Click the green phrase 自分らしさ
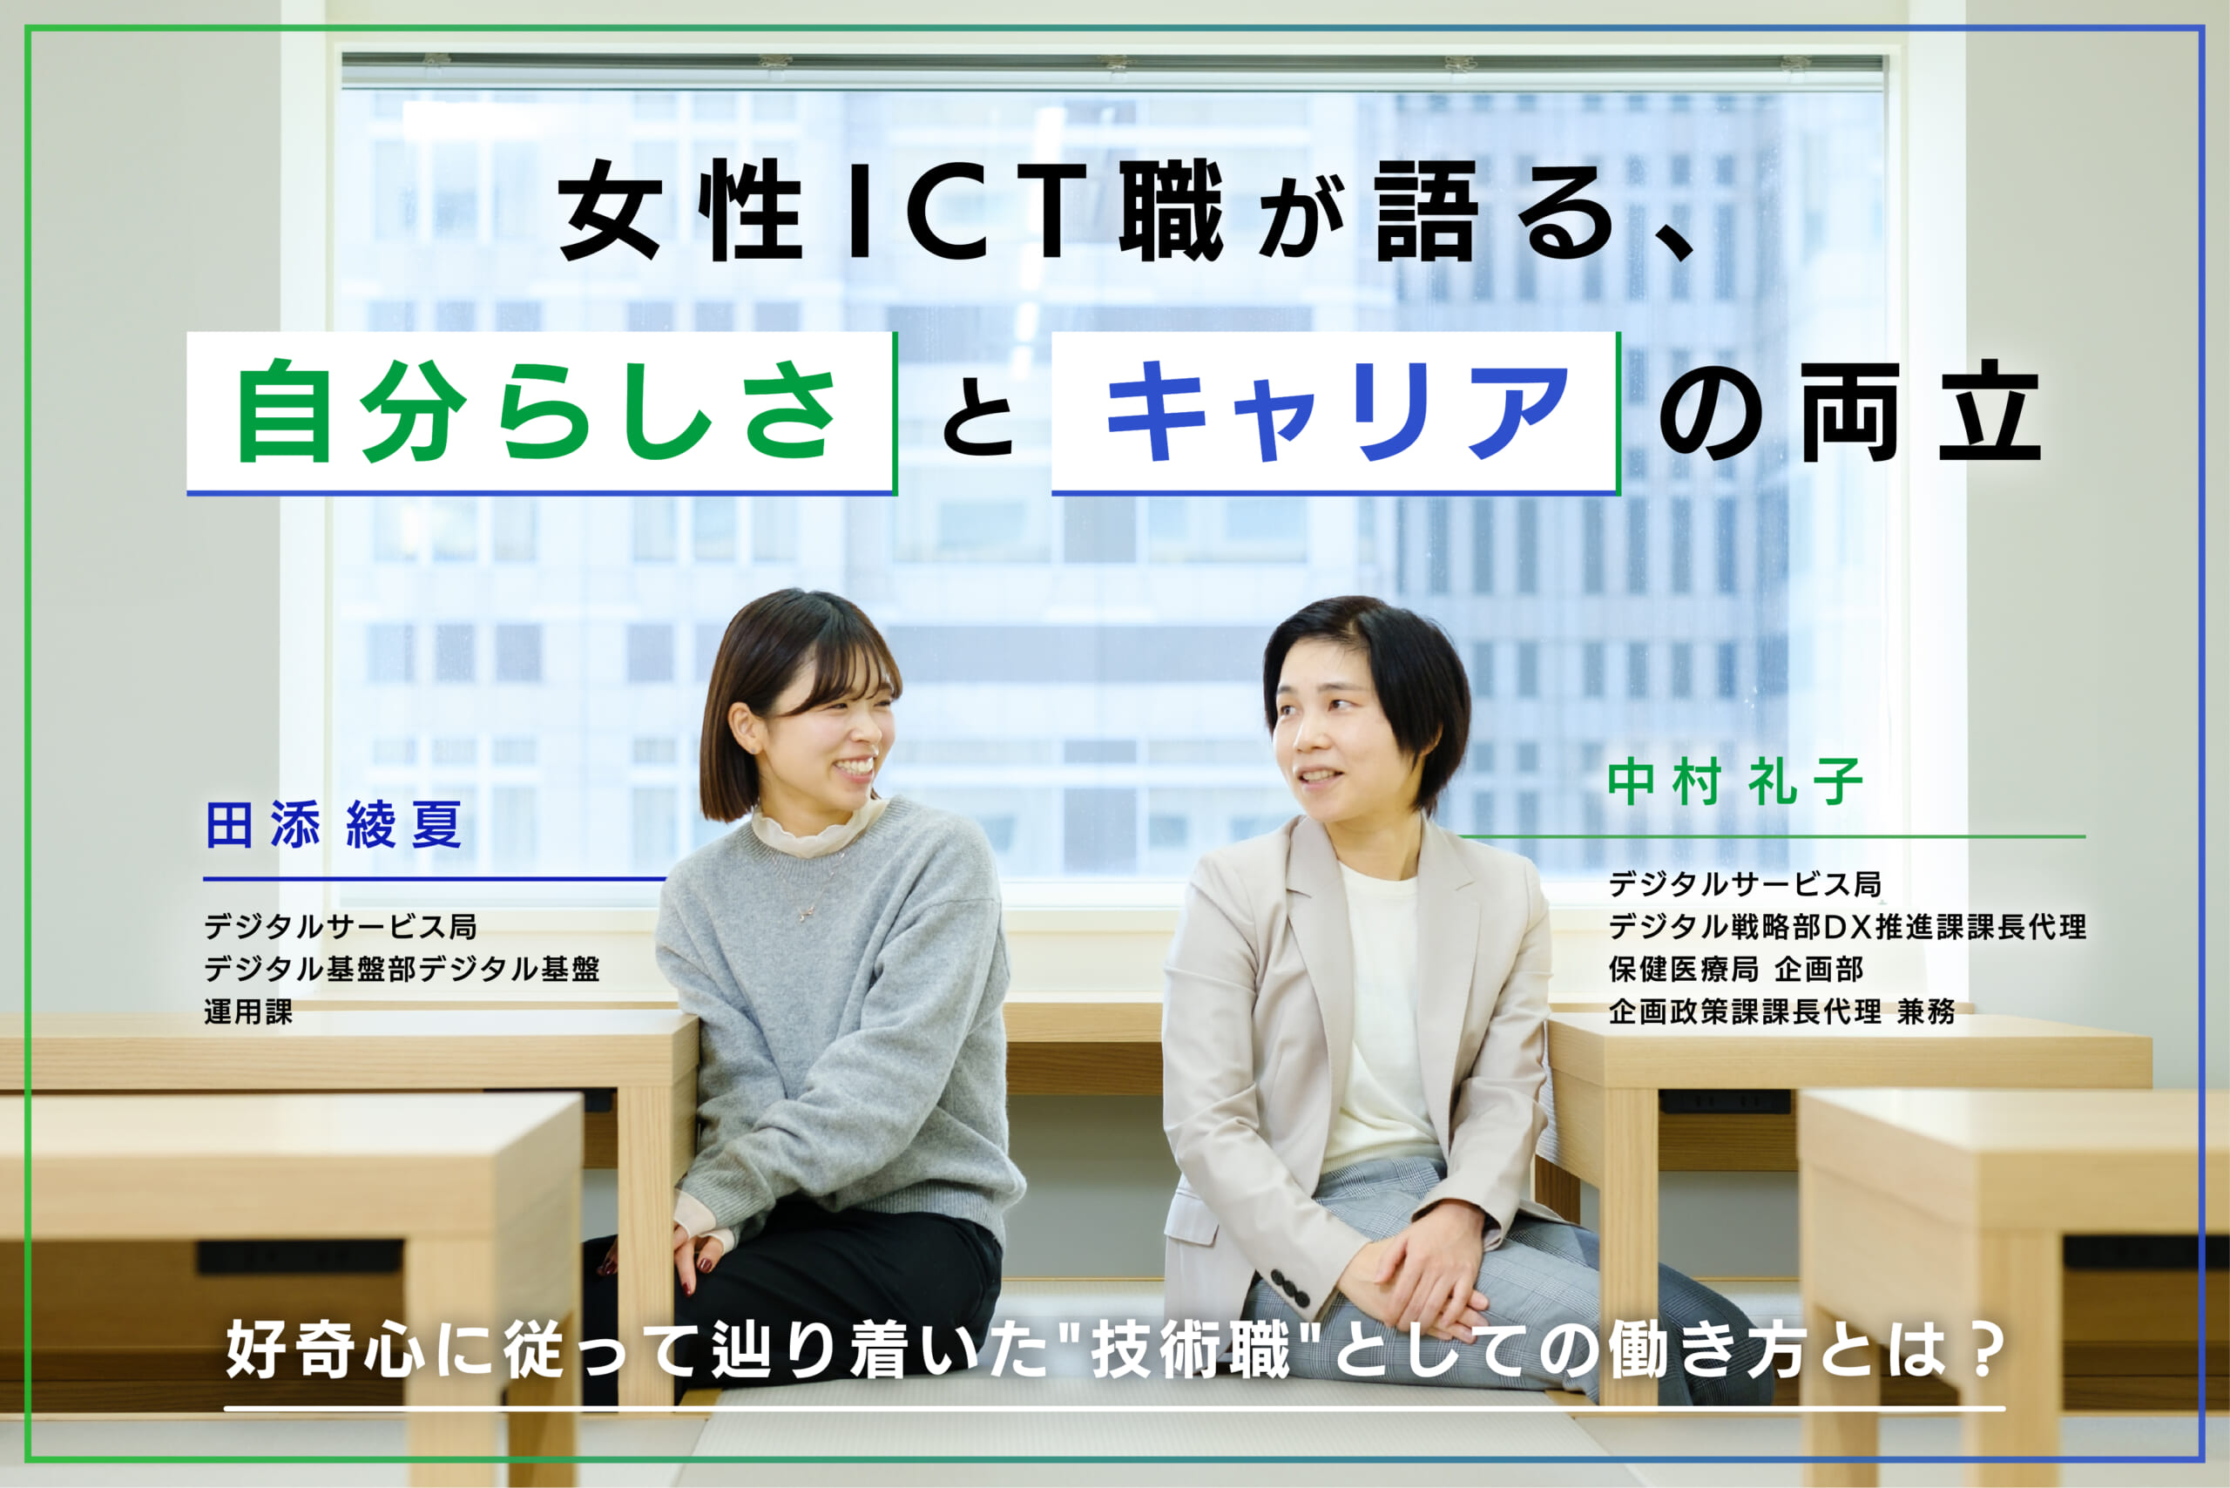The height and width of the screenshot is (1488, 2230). (537, 412)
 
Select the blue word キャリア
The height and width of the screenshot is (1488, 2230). (1337, 412)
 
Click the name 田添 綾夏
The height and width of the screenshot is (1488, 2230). (333, 824)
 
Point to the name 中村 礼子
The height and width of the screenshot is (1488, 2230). (1735, 782)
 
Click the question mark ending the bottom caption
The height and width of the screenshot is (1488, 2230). (1985, 1350)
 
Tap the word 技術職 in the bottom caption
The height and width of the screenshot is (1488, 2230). (1192, 1350)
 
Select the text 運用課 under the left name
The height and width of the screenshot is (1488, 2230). (248, 1011)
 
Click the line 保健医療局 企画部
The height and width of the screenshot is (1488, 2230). (1735, 969)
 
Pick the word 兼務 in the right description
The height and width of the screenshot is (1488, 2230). (1926, 1011)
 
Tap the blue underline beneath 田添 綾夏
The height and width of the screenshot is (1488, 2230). (435, 879)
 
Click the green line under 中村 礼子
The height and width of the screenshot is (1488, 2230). (1771, 837)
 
